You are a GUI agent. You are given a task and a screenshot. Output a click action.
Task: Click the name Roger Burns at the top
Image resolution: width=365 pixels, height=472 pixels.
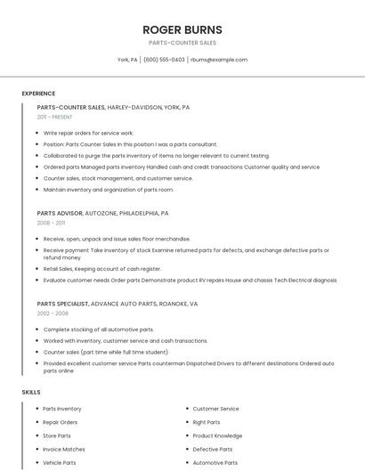[x=182, y=29]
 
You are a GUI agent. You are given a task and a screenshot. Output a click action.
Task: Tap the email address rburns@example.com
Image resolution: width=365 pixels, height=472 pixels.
[x=219, y=60]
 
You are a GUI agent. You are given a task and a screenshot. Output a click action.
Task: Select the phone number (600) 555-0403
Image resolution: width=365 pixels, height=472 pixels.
[x=164, y=60]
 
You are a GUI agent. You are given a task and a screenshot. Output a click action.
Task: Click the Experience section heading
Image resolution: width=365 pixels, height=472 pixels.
[x=38, y=94]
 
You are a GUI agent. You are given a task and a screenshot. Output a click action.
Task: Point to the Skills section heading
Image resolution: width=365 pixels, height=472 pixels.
[x=31, y=392]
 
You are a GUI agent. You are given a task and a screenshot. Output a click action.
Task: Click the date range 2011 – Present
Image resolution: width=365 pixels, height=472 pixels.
[x=54, y=117]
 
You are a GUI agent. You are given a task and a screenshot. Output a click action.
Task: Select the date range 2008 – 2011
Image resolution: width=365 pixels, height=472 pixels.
[x=52, y=223]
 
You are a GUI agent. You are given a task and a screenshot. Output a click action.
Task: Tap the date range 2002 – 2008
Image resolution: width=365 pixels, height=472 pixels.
[x=53, y=313]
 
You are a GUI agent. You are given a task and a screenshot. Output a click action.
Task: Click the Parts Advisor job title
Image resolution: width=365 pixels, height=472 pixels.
[x=60, y=214]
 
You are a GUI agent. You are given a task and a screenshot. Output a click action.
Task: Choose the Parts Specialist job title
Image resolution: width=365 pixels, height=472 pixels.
[x=62, y=304]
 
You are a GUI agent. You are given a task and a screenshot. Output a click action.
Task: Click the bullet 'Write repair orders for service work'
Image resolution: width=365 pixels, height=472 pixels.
[x=88, y=133]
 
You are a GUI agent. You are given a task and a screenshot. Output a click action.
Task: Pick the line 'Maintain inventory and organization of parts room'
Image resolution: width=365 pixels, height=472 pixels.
[x=109, y=190]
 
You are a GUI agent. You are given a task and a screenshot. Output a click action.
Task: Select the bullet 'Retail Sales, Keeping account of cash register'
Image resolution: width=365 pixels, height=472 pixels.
[x=102, y=269]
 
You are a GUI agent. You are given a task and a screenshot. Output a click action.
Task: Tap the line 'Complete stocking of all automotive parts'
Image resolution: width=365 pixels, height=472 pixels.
[x=98, y=330]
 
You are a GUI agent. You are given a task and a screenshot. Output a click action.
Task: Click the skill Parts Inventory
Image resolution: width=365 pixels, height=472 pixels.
[x=62, y=409]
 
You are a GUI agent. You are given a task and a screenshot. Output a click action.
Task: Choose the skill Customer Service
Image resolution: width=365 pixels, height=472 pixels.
[x=216, y=409]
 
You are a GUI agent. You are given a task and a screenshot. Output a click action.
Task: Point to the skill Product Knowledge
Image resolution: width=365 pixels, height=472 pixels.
[x=217, y=435]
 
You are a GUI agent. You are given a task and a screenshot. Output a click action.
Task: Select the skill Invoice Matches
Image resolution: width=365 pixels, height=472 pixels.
[x=64, y=449]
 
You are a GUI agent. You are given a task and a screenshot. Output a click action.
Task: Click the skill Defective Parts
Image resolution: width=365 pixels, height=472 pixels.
[x=213, y=449]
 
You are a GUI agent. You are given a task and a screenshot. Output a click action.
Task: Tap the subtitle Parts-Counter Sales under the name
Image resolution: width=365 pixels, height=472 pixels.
[x=182, y=43]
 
